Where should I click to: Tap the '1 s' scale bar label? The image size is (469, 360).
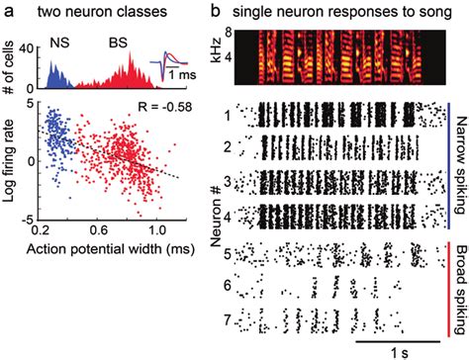coord(391,349)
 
